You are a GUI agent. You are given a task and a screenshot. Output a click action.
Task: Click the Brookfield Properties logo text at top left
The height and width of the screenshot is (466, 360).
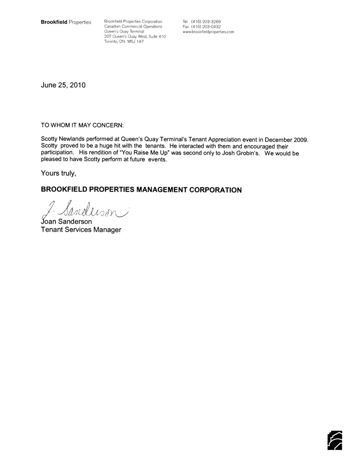[66, 22]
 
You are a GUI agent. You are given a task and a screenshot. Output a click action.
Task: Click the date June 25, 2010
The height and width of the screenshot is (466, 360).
[63, 85]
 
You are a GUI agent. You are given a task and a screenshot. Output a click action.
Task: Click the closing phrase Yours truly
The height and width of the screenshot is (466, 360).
[58, 172]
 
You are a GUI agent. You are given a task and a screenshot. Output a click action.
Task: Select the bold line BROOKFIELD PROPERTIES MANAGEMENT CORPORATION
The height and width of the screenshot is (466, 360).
[141, 190]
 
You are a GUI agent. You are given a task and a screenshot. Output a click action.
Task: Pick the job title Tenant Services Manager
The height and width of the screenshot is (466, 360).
[81, 230]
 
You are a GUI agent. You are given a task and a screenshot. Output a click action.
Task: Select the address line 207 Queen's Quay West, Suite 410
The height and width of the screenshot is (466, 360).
[135, 37]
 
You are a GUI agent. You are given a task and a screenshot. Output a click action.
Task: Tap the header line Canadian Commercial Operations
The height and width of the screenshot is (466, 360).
[133, 26]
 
